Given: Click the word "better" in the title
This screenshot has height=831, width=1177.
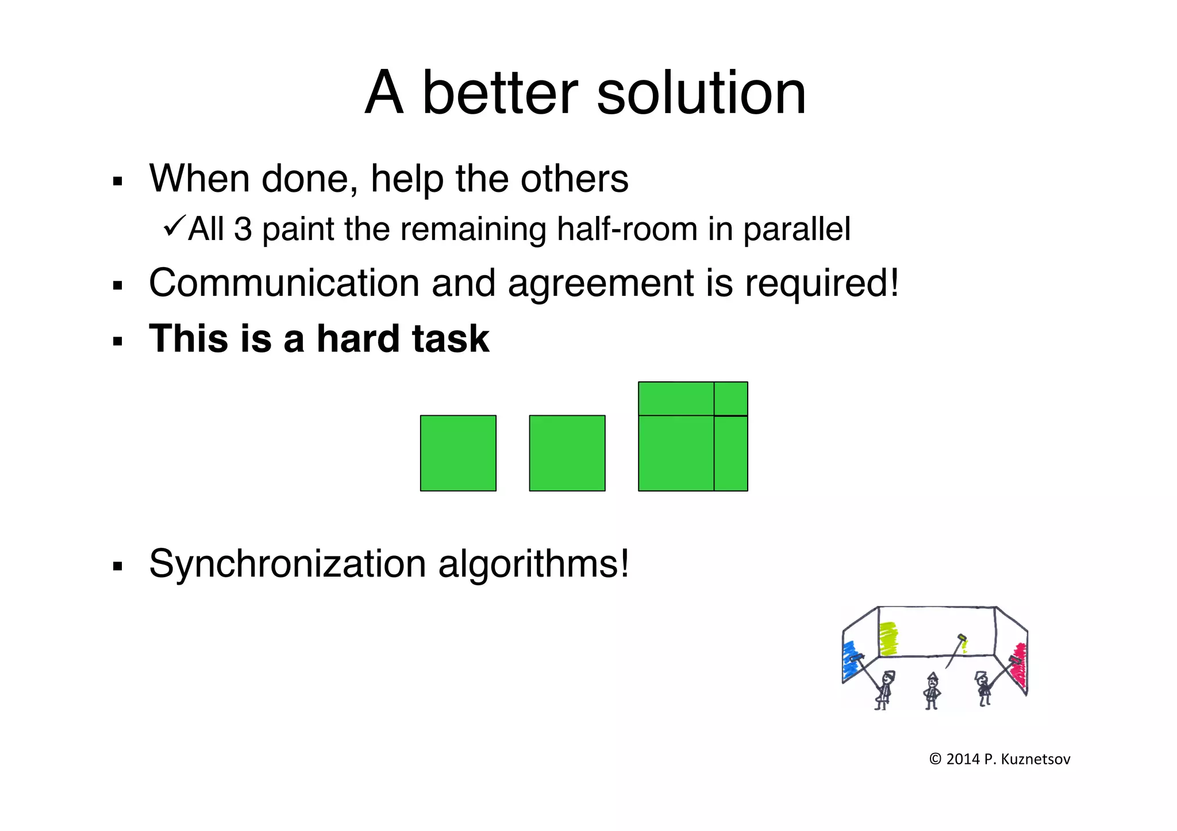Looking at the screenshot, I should pos(499,93).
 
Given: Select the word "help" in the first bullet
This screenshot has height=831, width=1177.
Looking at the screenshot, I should pos(407,179).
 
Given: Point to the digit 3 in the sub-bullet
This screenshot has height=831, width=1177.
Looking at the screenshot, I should pos(243,229).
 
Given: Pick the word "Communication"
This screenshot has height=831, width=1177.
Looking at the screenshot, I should pos(284,283).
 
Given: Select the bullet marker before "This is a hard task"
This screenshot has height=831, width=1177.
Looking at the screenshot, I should pos(118,342).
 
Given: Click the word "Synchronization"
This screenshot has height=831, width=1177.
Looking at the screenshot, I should pos(287,564).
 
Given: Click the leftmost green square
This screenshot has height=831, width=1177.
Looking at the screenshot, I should pos(458,453).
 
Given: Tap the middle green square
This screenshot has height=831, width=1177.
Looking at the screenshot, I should pos(567,453).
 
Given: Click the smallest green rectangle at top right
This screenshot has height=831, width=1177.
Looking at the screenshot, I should pos(730,399).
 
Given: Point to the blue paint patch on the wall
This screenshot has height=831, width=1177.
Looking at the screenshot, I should pos(849,660).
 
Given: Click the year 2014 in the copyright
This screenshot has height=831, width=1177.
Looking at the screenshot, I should pos(963,759).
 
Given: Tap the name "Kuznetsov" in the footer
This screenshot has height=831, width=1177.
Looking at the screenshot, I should pos(1036,759).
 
